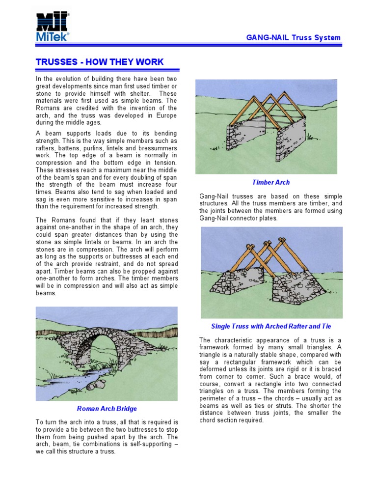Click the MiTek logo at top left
(x=53, y=27)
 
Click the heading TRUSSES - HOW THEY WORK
(x=100, y=62)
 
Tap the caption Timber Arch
(x=271, y=182)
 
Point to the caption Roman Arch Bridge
(x=107, y=409)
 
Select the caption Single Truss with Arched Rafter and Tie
(x=271, y=326)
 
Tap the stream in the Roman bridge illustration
(x=74, y=381)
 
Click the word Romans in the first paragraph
(x=50, y=108)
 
